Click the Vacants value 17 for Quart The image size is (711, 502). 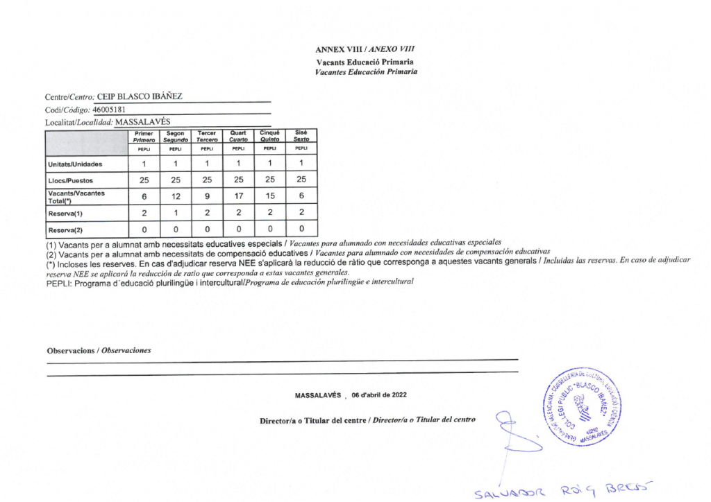pyautogui.click(x=238, y=196)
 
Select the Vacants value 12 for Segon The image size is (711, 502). pyautogui.click(x=176, y=196)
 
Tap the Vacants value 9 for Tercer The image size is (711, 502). pyautogui.click(x=207, y=196)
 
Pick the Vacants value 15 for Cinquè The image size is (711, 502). pyautogui.click(x=270, y=196)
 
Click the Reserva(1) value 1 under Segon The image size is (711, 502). pyautogui.click(x=176, y=213)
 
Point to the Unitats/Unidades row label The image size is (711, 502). pyautogui.click(x=75, y=164)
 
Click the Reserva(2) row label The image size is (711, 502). pyautogui.click(x=65, y=230)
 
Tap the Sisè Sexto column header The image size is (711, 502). pyautogui.click(x=301, y=136)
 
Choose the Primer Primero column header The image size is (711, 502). pyautogui.click(x=144, y=136)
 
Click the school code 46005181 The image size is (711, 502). pyautogui.click(x=109, y=109)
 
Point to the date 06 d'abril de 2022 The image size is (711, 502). pyautogui.click(x=379, y=395)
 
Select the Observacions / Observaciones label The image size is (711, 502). pyautogui.click(x=99, y=350)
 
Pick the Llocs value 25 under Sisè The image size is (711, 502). pyautogui.click(x=301, y=180)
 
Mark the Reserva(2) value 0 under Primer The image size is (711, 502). pyautogui.click(x=144, y=229)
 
